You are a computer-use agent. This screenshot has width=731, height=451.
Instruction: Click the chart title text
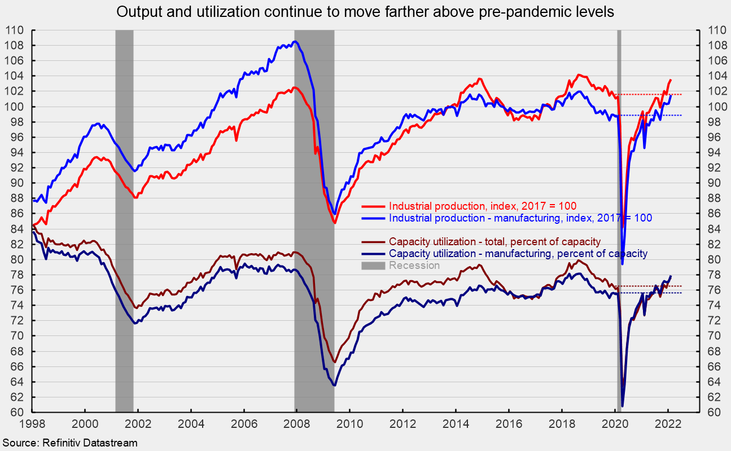click(x=365, y=12)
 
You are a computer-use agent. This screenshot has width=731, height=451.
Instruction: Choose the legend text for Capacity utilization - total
click(x=495, y=242)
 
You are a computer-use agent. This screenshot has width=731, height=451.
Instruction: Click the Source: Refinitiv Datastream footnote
click(x=69, y=443)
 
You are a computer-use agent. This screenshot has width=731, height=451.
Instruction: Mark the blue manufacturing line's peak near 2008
click(x=295, y=42)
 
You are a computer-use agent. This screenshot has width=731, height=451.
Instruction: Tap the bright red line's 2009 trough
click(x=334, y=223)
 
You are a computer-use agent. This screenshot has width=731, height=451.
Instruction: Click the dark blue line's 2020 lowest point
click(x=623, y=405)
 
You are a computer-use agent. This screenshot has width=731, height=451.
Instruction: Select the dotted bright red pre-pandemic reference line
click(x=655, y=94)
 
